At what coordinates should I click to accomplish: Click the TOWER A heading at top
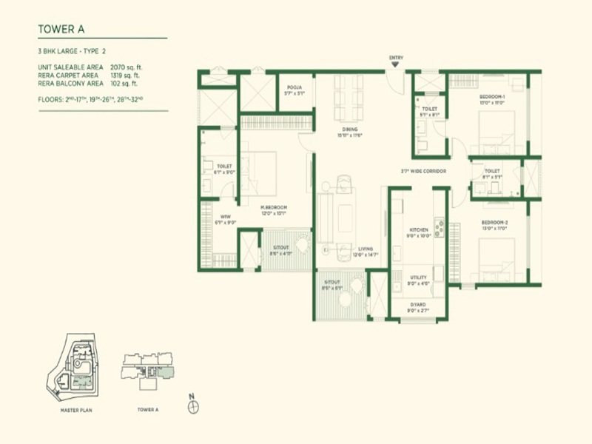click(x=61, y=30)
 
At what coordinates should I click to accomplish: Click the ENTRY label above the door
click(x=397, y=57)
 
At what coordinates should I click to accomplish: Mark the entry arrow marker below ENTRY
click(x=397, y=65)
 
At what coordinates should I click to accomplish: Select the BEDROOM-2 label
click(x=493, y=222)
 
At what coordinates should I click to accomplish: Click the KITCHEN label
click(x=419, y=230)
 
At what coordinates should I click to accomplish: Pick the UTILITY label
click(x=419, y=277)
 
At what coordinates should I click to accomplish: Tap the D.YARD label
click(x=419, y=305)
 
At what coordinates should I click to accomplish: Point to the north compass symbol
click(x=192, y=406)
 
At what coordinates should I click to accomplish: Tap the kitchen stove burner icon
click(x=439, y=228)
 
